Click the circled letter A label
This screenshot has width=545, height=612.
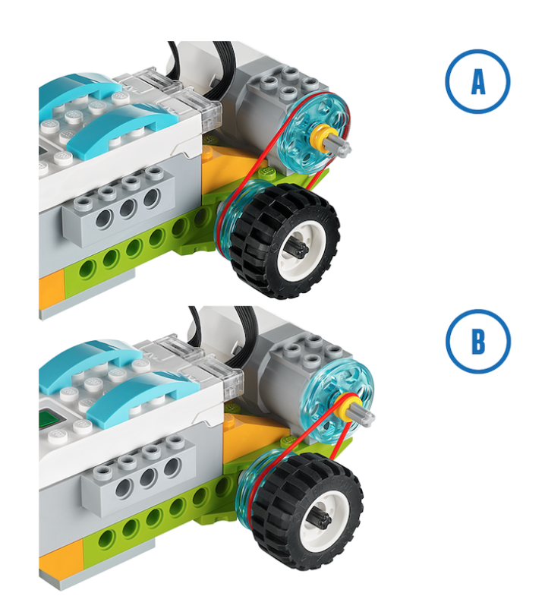pos(477,81)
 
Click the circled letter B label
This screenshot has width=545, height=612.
pos(478,341)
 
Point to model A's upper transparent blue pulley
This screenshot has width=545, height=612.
pos(314,133)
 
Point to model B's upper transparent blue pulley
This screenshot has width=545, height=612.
pos(338,401)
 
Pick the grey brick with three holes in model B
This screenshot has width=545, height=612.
pos(139,475)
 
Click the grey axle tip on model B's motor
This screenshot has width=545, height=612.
pos(366,415)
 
